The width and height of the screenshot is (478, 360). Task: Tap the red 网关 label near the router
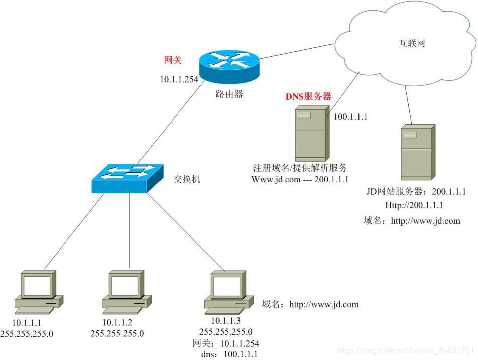(173, 60)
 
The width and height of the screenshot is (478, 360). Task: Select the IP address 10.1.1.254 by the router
(179, 79)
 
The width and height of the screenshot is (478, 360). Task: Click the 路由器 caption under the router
(229, 94)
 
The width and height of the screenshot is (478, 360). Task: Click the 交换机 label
(186, 179)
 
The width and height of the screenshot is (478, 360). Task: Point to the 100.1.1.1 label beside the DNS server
(351, 117)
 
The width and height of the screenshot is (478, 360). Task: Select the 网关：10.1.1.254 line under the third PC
(225, 343)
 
